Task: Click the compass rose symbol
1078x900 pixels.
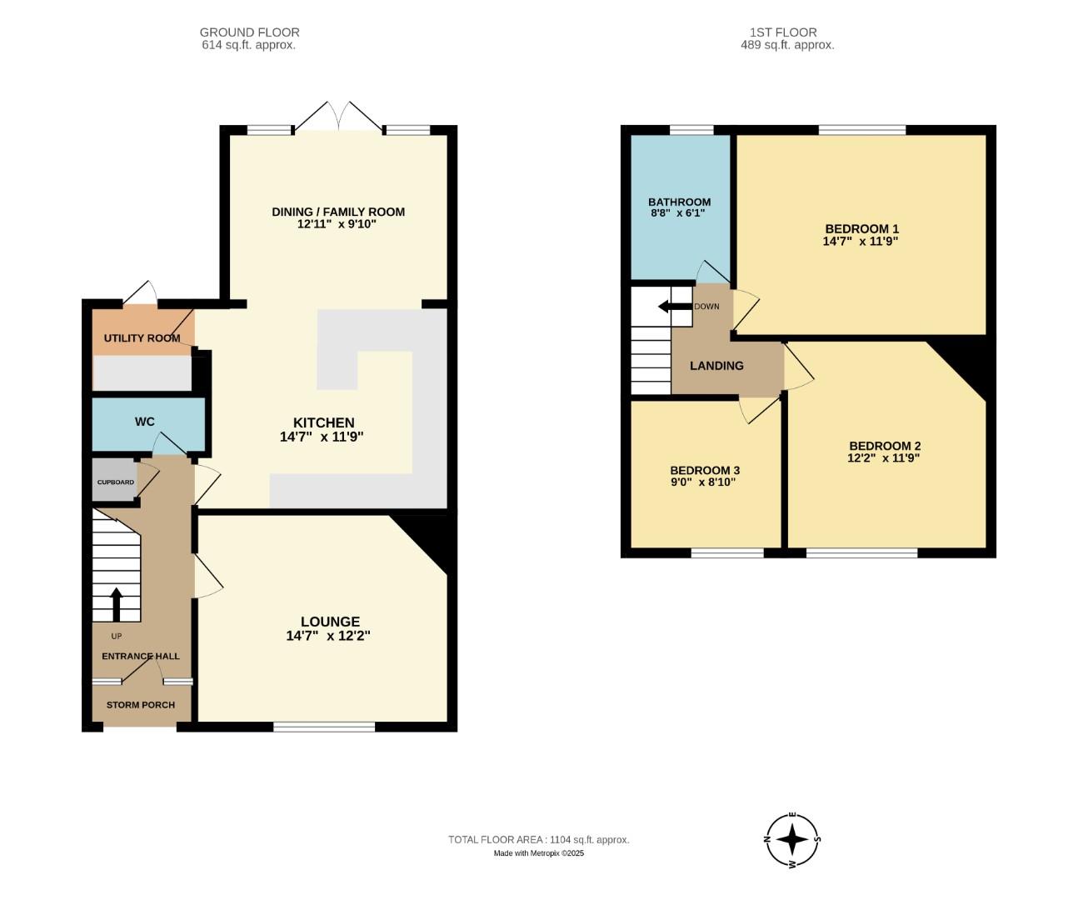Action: [792, 839]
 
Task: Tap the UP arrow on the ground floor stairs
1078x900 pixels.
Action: [116, 604]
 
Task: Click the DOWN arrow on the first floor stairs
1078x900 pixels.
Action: [675, 307]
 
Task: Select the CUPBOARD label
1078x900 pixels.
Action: [115, 482]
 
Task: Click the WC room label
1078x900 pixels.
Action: [145, 422]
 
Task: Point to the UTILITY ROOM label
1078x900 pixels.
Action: [142, 338]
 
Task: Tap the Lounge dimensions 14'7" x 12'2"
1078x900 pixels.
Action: [328, 636]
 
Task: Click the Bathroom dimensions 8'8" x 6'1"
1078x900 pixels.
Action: [679, 213]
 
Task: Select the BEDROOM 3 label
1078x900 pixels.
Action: [705, 470]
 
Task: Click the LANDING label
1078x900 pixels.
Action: [716, 366]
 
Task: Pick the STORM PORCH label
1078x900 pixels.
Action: [141, 705]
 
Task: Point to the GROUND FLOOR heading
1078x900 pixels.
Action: [249, 32]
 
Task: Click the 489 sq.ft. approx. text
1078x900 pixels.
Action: [787, 45]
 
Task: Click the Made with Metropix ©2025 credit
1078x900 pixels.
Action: [538, 853]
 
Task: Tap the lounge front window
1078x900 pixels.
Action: [324, 727]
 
